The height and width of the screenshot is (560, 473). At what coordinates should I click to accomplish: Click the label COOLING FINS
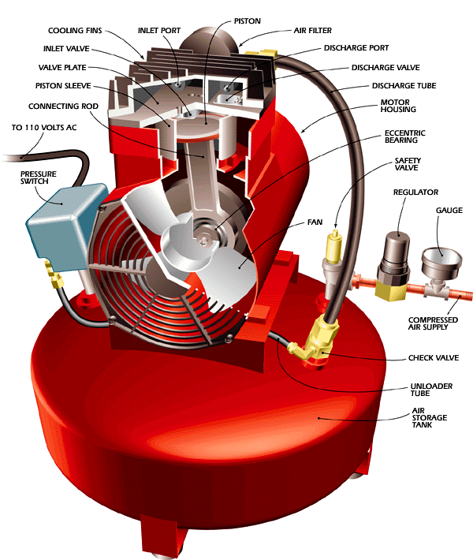[76, 31]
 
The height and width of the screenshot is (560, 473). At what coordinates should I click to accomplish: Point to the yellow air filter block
[264, 55]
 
